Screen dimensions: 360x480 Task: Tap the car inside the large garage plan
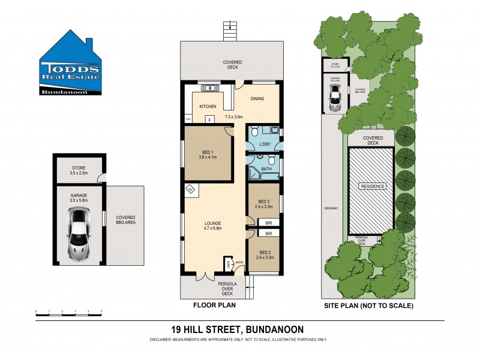click(x=79, y=234)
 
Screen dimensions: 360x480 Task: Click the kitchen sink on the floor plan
click(x=212, y=89)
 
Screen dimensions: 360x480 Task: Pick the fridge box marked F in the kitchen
click(x=209, y=119)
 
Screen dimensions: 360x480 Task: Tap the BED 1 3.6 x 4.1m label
click(x=207, y=154)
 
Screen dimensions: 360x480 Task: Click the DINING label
click(x=257, y=99)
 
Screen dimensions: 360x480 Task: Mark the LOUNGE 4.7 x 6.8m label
click(x=213, y=226)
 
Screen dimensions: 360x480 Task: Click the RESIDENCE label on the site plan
click(x=371, y=187)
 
